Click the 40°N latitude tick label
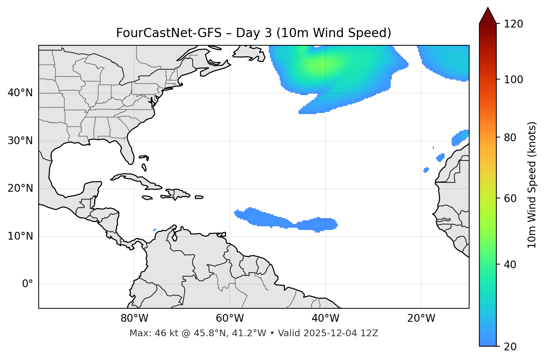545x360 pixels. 20,93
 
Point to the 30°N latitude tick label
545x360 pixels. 20,141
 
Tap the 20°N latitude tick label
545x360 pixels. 20,188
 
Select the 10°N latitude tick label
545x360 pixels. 20,236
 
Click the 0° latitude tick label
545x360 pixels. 28,284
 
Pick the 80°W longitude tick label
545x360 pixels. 134,318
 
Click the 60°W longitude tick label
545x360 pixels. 230,318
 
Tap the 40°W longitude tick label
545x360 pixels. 325,318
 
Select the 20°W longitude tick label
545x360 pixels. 421,318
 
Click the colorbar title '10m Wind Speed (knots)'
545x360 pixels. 532,185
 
